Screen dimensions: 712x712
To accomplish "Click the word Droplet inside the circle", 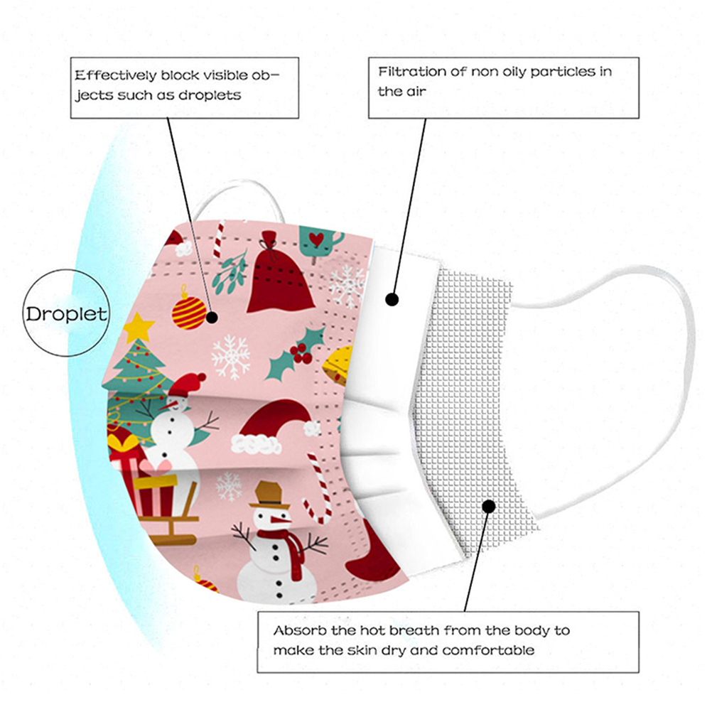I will click(67, 313).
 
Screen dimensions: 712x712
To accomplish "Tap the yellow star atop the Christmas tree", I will click(139, 327).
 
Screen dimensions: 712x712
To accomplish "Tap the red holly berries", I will click(301, 350).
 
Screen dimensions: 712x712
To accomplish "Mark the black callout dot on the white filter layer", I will click(392, 299).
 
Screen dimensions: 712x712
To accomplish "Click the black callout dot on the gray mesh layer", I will click(488, 506).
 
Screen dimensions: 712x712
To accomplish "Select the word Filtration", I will click(409, 72).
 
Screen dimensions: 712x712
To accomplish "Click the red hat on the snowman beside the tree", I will click(188, 386).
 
